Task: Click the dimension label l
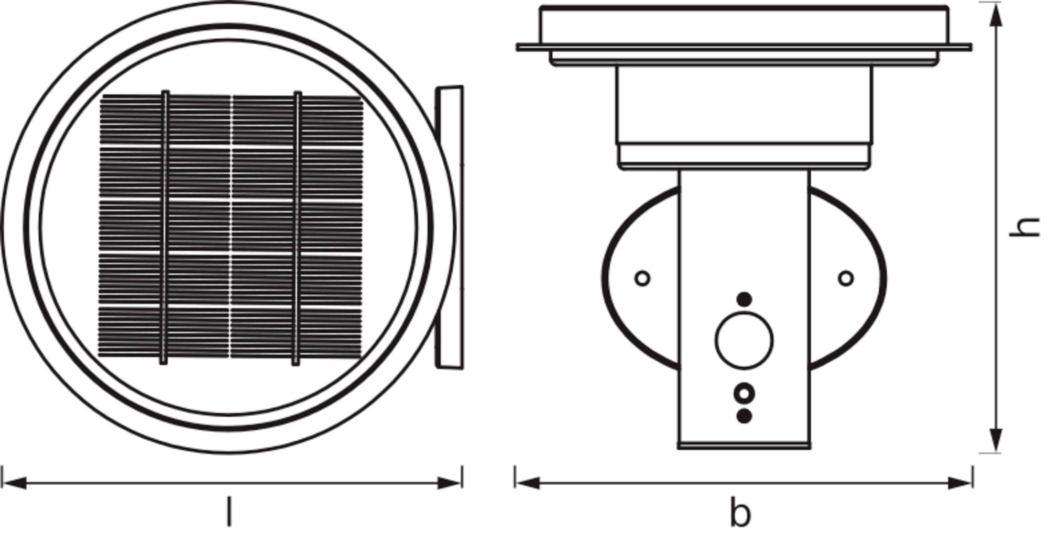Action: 228,512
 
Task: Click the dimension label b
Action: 740,514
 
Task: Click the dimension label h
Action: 1024,227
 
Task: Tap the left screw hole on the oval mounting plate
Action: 642,278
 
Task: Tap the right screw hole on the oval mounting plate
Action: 846,278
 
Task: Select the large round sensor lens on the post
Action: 744,340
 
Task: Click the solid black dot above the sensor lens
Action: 744,299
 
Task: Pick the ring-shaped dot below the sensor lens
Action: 744,393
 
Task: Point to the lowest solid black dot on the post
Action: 744,416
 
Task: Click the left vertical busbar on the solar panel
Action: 165,228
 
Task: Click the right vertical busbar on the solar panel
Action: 297,228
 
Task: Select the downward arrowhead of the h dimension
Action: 996,440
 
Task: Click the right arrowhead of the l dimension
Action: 450,483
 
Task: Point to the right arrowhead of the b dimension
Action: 960,483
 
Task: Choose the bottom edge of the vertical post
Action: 744,447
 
